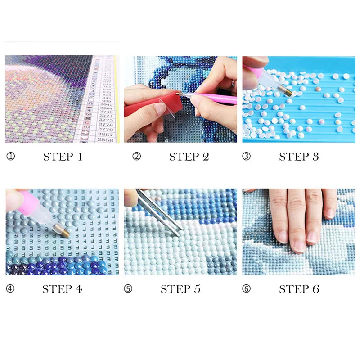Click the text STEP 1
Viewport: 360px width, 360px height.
[x=63, y=157]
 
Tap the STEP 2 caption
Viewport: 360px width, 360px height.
[x=189, y=157]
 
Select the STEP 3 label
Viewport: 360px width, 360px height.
[x=299, y=157]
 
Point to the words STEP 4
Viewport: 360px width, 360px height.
[x=63, y=289]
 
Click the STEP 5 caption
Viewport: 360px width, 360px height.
[x=180, y=289]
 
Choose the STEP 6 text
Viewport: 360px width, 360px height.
[x=299, y=289]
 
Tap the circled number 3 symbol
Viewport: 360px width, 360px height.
[x=246, y=157]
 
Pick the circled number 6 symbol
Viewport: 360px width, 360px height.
[x=246, y=289]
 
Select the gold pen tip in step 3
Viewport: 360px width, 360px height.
[x=288, y=92]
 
